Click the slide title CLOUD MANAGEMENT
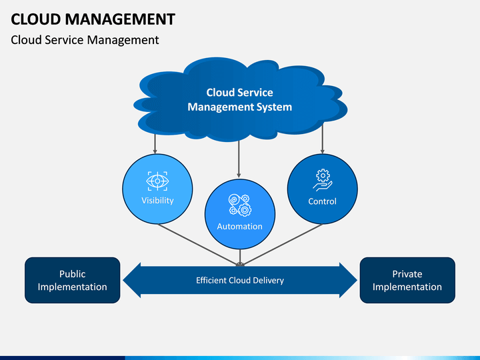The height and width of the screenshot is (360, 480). point(93,19)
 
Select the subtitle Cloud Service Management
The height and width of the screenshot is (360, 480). point(85,40)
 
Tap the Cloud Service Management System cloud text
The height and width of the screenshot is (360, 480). point(240,100)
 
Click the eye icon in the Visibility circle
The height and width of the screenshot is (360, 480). point(157,181)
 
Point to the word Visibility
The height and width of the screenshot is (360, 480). point(157,201)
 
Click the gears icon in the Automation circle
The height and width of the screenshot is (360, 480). point(240,205)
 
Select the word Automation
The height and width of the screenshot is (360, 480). point(240,227)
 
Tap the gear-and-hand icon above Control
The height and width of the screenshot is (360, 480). point(323,180)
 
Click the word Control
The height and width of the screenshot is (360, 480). point(323,201)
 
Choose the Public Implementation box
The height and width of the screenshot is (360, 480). point(73,280)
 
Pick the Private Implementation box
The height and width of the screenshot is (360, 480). point(407,280)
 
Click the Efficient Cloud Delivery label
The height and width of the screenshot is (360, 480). point(240,281)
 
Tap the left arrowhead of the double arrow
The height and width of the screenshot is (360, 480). point(132,280)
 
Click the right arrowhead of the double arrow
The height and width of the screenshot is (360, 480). point(349,280)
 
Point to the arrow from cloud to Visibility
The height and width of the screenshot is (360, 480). point(155,143)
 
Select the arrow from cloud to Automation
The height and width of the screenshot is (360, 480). point(239,159)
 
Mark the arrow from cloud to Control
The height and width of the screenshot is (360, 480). point(323,139)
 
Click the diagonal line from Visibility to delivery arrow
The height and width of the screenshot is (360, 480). point(199,244)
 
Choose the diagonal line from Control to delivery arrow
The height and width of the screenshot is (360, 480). point(281,244)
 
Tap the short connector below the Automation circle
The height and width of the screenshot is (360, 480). point(240,257)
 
